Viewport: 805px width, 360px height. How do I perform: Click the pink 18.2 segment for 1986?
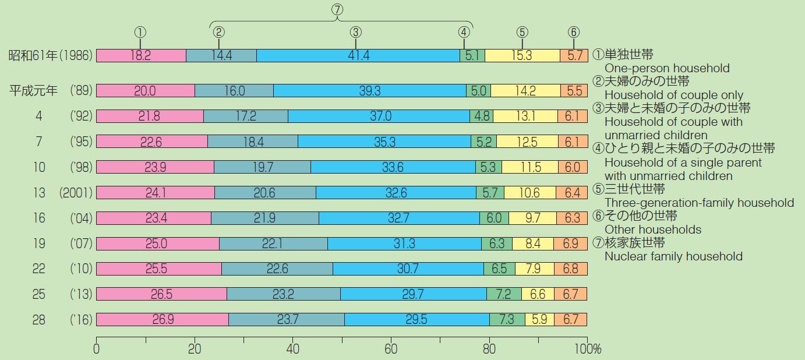pyautogui.click(x=141, y=56)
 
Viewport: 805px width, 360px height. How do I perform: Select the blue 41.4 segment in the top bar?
pyautogui.click(x=358, y=56)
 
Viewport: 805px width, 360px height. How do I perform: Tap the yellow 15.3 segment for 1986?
pyautogui.click(x=522, y=56)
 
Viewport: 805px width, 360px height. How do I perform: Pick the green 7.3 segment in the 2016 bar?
pyautogui.click(x=507, y=320)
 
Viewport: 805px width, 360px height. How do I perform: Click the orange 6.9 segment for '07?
pyautogui.click(x=570, y=243)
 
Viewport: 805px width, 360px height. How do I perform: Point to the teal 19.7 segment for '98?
pyautogui.click(x=262, y=167)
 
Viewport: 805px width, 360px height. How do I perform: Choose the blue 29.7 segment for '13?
pyautogui.click(x=413, y=294)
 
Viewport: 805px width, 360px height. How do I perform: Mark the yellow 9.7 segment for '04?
pyautogui.click(x=532, y=218)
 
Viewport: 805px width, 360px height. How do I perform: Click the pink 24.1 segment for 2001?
pyautogui.click(x=156, y=193)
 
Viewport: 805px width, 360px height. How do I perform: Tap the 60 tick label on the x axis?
pyautogui.click(x=391, y=350)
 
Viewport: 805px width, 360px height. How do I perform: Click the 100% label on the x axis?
pyautogui.click(x=589, y=350)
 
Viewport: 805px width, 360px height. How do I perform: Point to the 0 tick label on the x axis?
pyautogui.click(x=97, y=350)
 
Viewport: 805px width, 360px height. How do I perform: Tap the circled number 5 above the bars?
pyautogui.click(x=522, y=32)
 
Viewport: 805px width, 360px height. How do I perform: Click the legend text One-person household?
pyautogui.click(x=666, y=68)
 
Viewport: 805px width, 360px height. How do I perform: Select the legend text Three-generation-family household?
pyautogui.click(x=699, y=203)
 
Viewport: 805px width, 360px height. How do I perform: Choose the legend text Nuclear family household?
pyautogui.click(x=673, y=256)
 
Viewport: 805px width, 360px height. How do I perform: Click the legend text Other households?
pyautogui.click(x=652, y=230)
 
